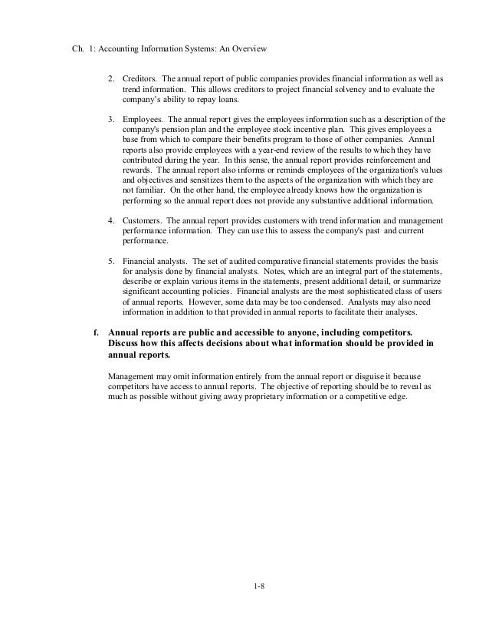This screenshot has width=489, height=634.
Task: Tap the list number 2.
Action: point(111,79)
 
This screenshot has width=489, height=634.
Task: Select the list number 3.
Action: point(111,120)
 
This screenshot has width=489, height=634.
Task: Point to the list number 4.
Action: point(111,220)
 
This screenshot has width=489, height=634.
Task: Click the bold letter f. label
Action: point(95,332)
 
